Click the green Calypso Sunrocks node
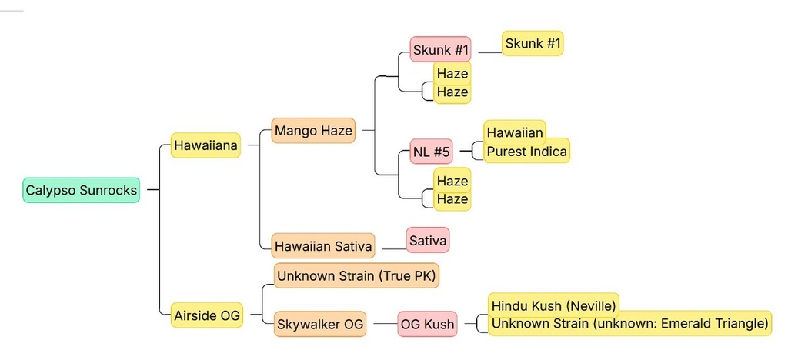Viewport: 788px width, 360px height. coord(81,190)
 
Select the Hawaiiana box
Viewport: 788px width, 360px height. coord(205,145)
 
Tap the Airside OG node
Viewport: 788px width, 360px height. coord(206,315)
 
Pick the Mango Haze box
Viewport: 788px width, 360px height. coord(314,131)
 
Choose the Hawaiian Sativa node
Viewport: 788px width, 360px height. coord(323,245)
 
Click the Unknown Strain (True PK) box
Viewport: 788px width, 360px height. coord(356,275)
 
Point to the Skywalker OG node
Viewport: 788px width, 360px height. coord(320,325)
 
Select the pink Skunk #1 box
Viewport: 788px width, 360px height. coord(440,49)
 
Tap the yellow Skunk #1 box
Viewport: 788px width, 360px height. coord(533,43)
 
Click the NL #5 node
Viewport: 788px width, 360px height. coord(431,152)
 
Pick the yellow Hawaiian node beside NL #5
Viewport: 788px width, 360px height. coord(515,132)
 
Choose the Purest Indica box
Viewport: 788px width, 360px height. coord(526,151)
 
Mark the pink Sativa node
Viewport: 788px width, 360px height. coord(428,240)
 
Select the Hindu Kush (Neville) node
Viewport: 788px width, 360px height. coord(553,305)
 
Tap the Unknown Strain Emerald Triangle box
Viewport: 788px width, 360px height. coord(629,323)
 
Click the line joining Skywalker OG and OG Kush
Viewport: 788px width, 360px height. coord(382,324)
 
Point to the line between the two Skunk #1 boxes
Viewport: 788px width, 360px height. coord(490,52)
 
